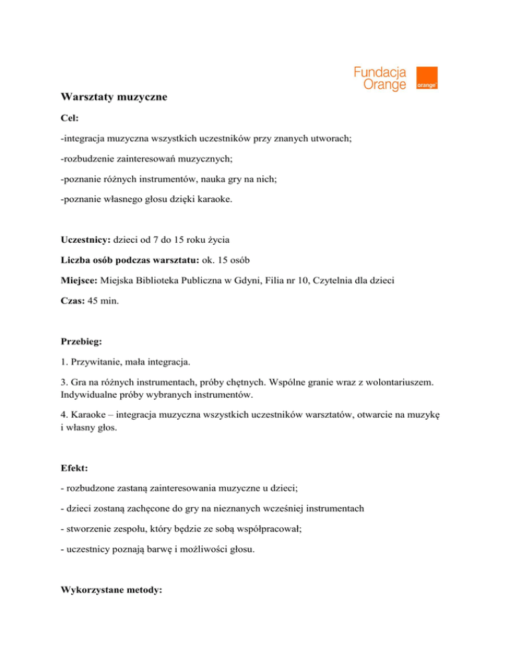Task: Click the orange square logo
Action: pos(426,78)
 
